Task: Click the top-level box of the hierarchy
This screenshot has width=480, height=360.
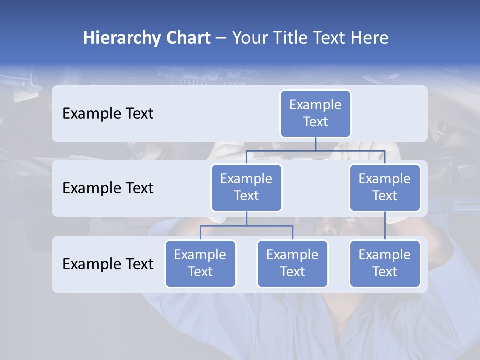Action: (x=315, y=113)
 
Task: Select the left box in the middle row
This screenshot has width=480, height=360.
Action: (x=246, y=187)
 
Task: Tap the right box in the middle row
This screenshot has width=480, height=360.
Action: (x=385, y=187)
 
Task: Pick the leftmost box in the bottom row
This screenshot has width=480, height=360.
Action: (x=200, y=263)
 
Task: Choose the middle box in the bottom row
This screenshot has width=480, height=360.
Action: (x=292, y=263)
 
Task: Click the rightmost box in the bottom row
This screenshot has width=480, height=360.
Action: (x=385, y=263)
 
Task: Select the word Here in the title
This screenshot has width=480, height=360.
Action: (x=370, y=38)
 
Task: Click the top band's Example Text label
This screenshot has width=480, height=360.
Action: (x=108, y=113)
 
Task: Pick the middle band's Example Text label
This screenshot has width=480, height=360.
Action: (x=108, y=188)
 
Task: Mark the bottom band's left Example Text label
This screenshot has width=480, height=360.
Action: (x=108, y=264)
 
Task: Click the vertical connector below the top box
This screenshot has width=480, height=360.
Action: (x=315, y=144)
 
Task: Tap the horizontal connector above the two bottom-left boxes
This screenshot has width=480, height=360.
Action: (x=246, y=226)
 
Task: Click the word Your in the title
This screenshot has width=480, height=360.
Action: (x=250, y=38)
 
